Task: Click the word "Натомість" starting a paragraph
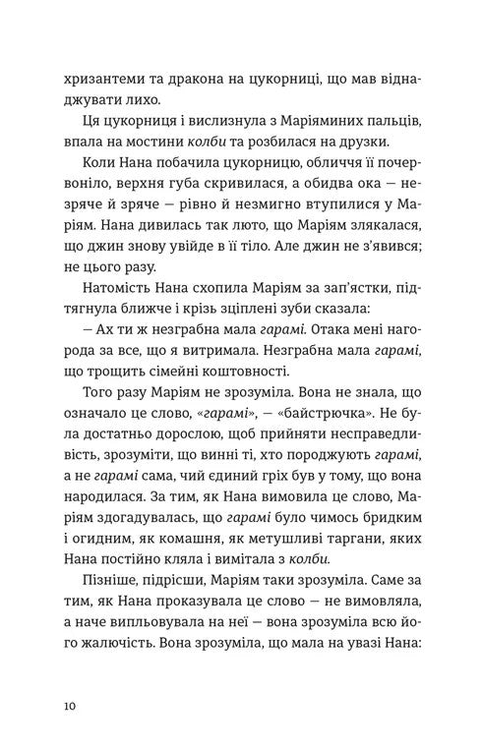pyautogui.click(x=117, y=313)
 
